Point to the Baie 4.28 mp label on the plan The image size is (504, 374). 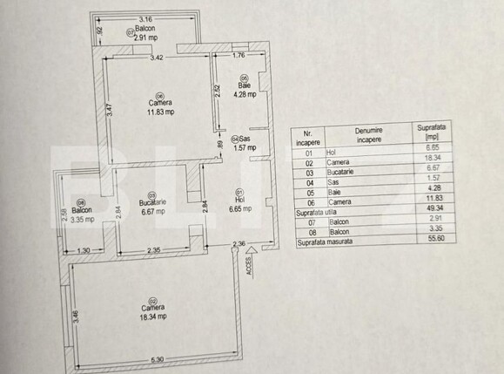(x=244, y=90)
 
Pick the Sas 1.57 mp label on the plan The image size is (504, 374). (x=244, y=143)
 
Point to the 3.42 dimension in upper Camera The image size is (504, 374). (x=157, y=58)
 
